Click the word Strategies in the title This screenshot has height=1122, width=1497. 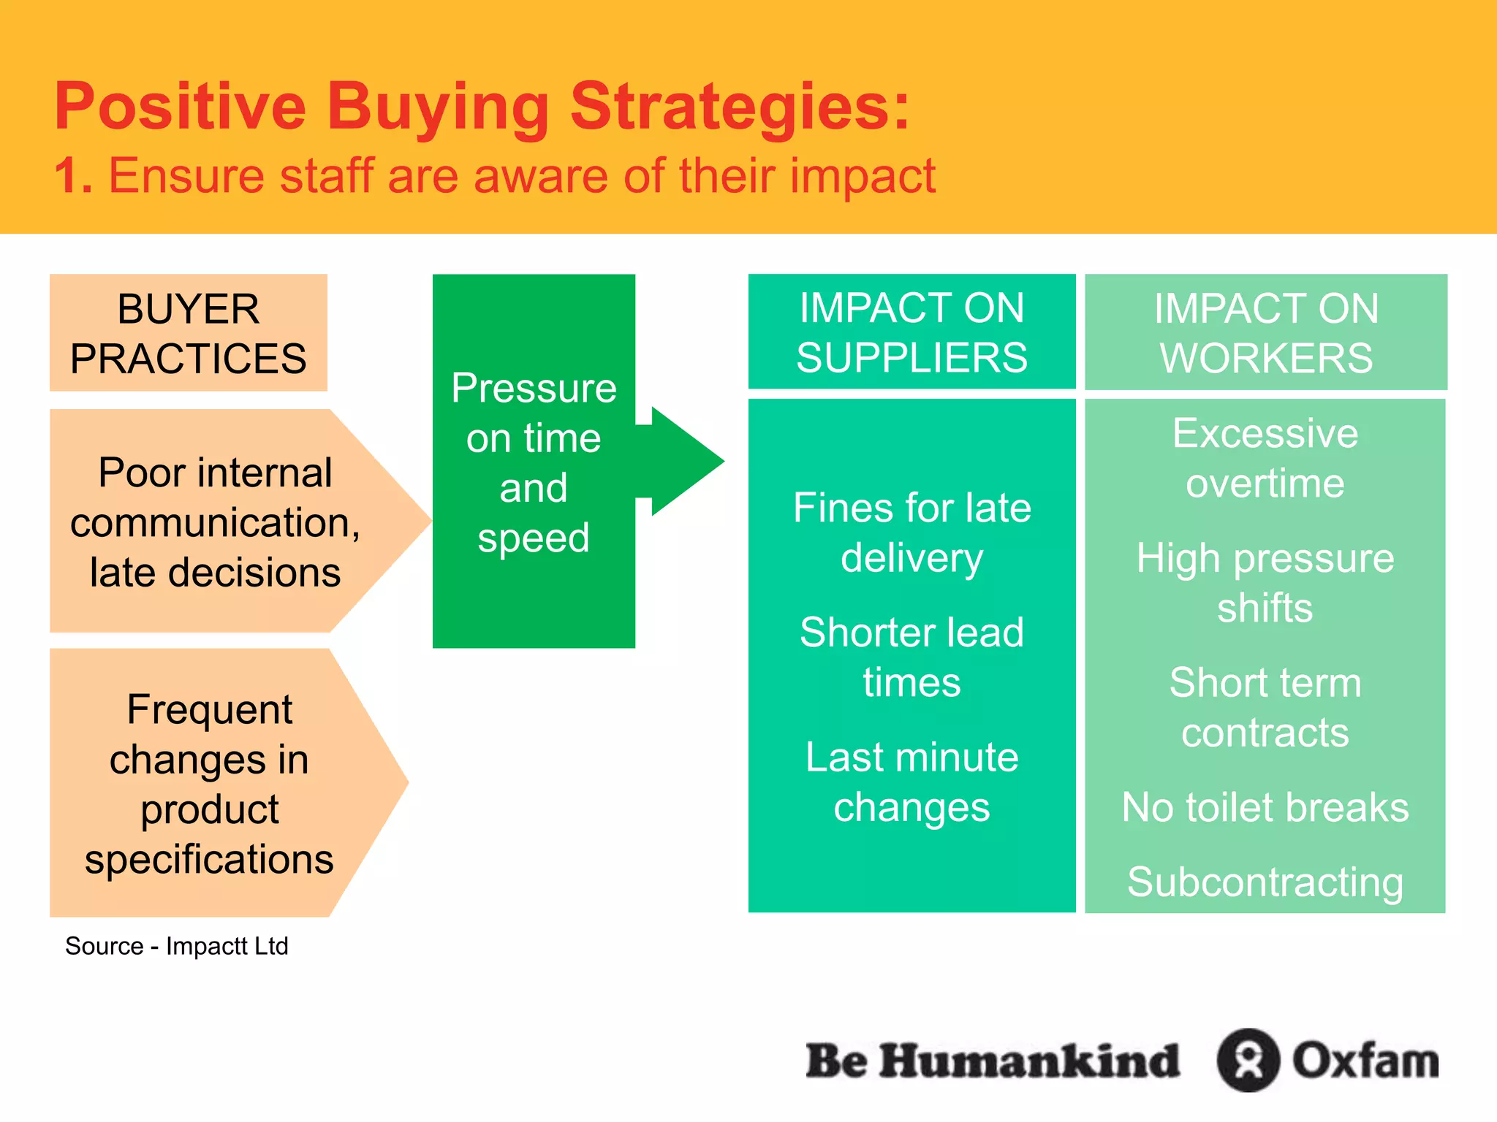(x=738, y=107)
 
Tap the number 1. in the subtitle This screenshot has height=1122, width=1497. (x=74, y=177)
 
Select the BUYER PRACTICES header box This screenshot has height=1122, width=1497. (x=189, y=333)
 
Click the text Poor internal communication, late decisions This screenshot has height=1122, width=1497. (x=215, y=522)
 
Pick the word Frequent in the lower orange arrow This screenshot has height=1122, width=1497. (x=209, y=709)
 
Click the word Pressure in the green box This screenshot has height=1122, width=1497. (x=534, y=388)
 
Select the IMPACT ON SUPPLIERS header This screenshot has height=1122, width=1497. (x=912, y=332)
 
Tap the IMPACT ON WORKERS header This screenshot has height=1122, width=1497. (x=1265, y=332)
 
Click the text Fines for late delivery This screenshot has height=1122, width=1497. (x=912, y=533)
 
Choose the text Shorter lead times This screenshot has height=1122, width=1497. (x=912, y=657)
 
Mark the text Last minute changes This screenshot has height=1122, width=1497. (x=912, y=782)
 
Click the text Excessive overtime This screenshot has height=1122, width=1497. (x=1265, y=458)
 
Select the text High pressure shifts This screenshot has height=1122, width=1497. (x=1265, y=582)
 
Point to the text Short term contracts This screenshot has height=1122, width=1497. (x=1265, y=707)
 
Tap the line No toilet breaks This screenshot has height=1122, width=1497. (x=1265, y=807)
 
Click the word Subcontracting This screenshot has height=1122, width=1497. (x=1265, y=882)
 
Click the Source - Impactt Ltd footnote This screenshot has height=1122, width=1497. (x=177, y=946)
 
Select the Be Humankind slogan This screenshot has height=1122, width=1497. (x=992, y=1061)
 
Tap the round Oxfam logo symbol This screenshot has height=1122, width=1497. (x=1248, y=1060)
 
